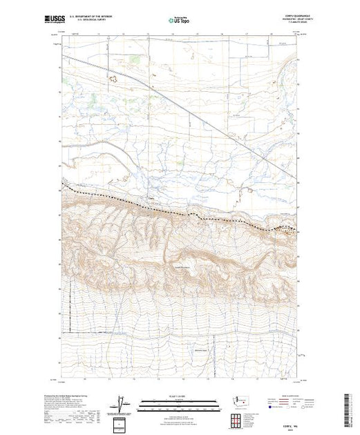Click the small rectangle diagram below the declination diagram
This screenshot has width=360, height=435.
click(121, 423)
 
